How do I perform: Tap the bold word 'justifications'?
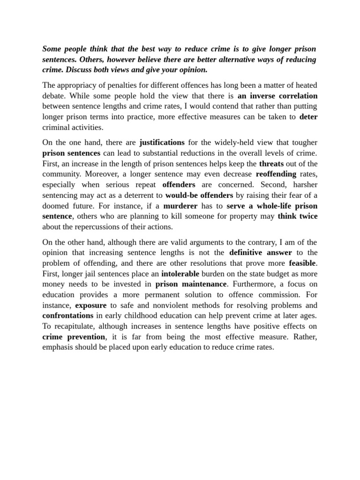point(162,142)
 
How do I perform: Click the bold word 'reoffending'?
point(276,174)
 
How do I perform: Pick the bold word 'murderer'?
point(180,205)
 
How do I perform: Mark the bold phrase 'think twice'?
point(298,216)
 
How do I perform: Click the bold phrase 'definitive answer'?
point(260,253)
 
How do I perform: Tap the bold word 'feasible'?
point(302,263)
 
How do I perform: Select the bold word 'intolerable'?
point(180,273)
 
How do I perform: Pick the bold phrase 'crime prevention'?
point(74,337)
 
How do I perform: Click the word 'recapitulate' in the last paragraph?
point(75,326)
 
